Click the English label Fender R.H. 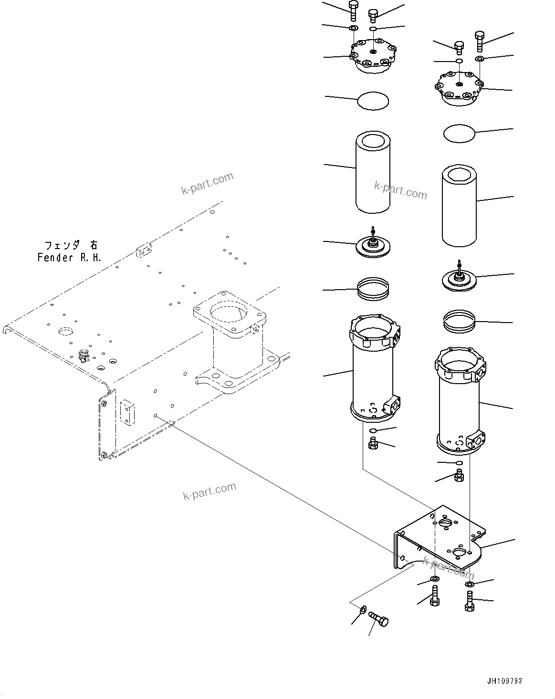[69, 258]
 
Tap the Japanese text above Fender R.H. [71, 245]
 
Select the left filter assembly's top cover [373, 58]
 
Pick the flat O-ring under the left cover [373, 101]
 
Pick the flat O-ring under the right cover [459, 133]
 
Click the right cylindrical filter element [459, 206]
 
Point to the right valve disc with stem [459, 279]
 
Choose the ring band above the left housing [374, 289]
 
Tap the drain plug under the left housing [373, 445]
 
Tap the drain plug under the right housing [460, 475]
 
